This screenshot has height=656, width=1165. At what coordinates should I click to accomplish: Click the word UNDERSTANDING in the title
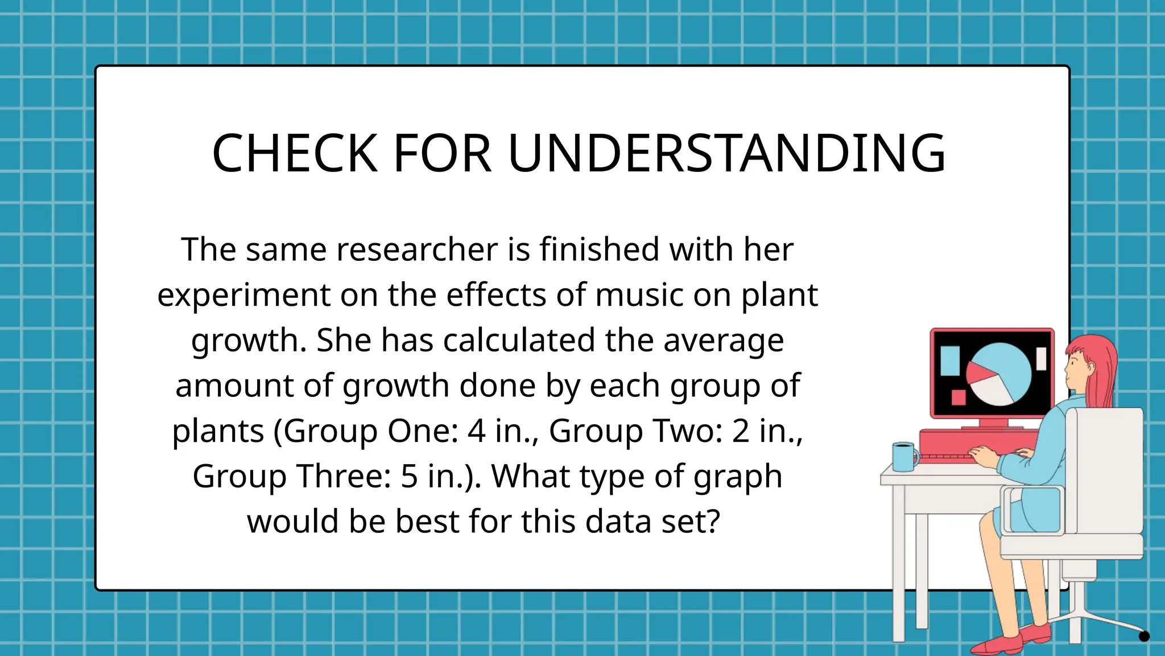click(x=726, y=154)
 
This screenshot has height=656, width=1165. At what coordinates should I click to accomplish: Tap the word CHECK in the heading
click(x=295, y=154)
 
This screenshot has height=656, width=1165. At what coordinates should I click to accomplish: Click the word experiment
click(x=244, y=296)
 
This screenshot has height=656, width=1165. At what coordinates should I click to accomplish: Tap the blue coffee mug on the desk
click(x=904, y=457)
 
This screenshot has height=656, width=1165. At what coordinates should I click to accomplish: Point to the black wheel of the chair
click(x=1144, y=636)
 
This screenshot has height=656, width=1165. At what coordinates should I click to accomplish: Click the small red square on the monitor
click(x=959, y=397)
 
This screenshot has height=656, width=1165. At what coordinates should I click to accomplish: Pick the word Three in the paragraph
click(x=344, y=476)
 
